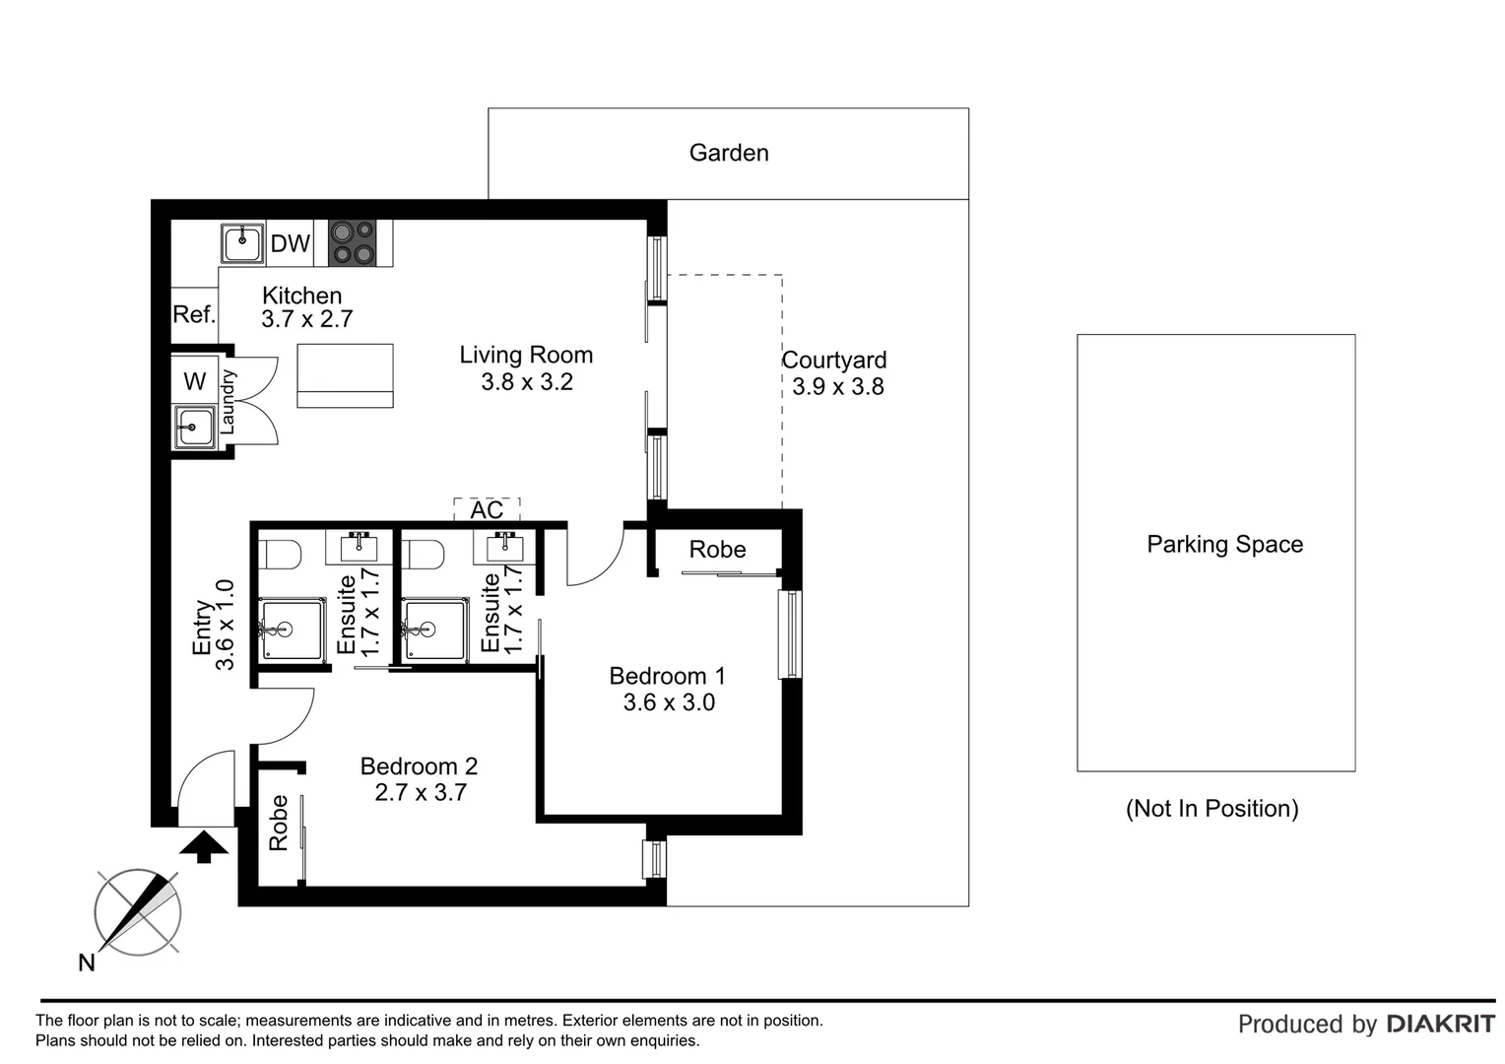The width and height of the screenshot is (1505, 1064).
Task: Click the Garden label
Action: [x=728, y=154]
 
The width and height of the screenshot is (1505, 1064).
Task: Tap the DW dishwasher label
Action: [x=291, y=243]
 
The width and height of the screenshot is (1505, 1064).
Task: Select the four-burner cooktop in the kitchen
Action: [x=352, y=242]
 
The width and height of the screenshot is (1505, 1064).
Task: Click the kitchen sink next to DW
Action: [x=242, y=242]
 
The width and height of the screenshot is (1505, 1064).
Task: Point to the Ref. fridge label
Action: [x=194, y=314]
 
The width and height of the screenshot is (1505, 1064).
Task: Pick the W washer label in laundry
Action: [x=195, y=381]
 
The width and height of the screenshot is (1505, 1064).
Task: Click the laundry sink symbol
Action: [x=194, y=427]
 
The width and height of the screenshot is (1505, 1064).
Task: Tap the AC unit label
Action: [x=487, y=510]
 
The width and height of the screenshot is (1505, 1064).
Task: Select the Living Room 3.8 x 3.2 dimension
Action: [x=527, y=382]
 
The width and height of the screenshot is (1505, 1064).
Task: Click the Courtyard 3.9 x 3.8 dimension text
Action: [x=838, y=386]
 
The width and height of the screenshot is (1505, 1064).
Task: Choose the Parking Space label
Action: [x=1225, y=545]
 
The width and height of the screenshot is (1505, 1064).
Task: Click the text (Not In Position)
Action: [x=1212, y=808]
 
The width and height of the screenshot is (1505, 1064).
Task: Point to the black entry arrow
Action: [x=204, y=846]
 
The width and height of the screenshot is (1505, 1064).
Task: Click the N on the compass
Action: [x=87, y=963]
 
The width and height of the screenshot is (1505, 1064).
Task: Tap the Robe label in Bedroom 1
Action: [x=718, y=550]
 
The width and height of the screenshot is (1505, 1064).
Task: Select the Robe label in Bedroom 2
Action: [x=278, y=823]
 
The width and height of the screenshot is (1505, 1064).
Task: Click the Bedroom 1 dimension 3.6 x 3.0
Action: [x=669, y=702]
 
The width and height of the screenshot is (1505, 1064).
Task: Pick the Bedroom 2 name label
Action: [x=419, y=766]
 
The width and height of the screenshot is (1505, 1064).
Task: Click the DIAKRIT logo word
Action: [x=1441, y=1025]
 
